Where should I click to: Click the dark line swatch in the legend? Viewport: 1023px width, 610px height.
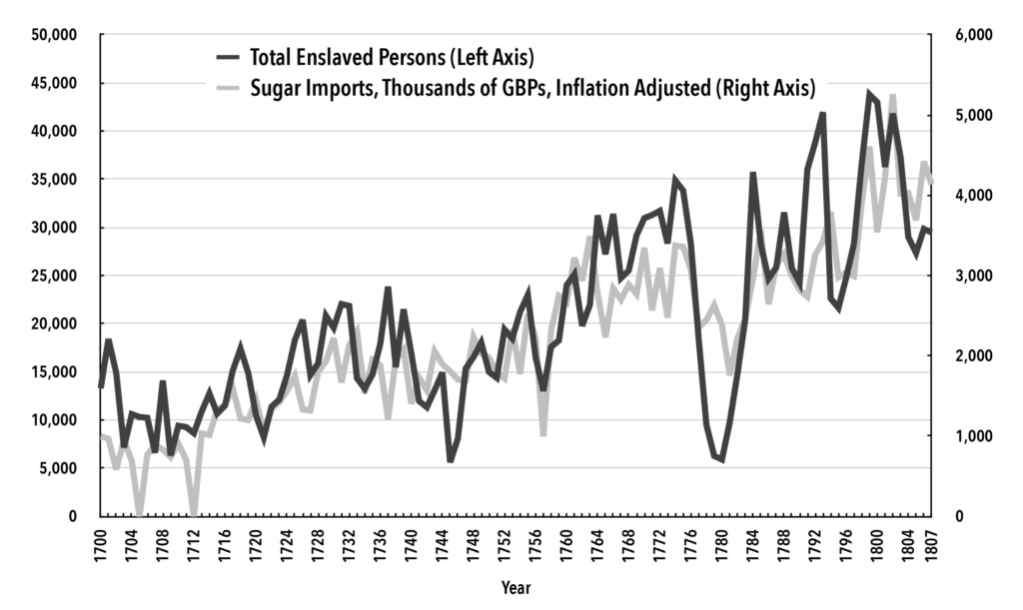227,56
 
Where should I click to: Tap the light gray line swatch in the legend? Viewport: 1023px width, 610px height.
227,87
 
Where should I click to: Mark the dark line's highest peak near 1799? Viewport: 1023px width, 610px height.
868,93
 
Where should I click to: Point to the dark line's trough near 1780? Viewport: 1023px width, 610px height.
721,459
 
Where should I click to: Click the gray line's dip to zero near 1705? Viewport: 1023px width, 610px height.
140,514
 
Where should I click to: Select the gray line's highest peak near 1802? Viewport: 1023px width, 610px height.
892,96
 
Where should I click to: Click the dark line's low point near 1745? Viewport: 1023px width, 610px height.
450,460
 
